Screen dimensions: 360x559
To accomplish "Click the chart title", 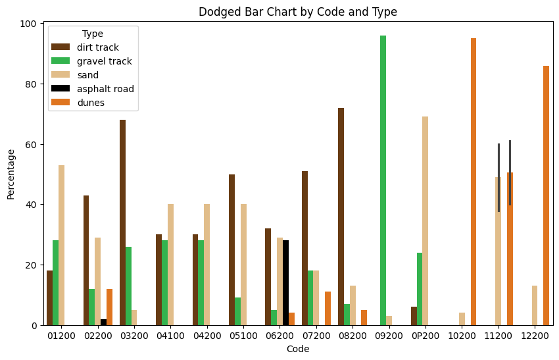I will tap(298, 12).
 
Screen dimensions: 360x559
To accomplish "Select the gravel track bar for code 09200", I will tap(383, 180).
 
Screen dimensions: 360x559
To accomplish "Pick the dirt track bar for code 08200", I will tap(341, 217).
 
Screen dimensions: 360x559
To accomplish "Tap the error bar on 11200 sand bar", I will tap(498, 178).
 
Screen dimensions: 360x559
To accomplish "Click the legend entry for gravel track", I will tap(102, 61).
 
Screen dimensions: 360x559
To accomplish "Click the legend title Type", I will tap(92, 34).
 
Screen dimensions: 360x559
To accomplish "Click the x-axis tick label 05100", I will tap(243, 336).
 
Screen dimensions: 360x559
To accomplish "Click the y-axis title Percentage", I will tap(11, 174).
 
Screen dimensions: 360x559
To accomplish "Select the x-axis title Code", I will tap(298, 349).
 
